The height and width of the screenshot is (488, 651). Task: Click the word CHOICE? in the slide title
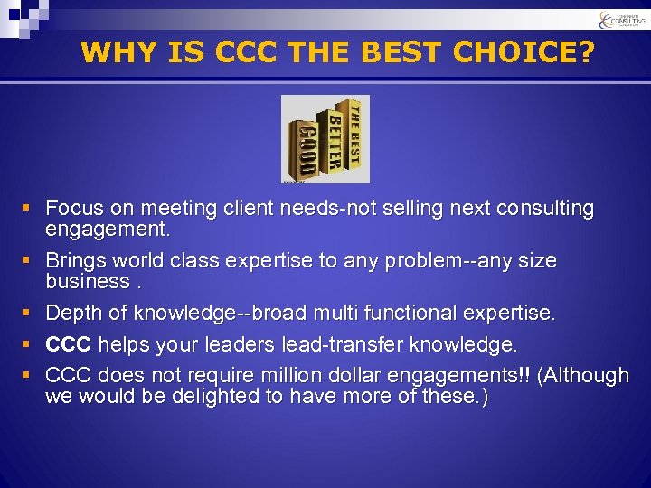coord(524,52)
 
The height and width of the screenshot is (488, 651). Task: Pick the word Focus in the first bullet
coord(73,209)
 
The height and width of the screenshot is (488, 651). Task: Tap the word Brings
coord(76,261)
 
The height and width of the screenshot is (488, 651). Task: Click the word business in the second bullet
coord(87,282)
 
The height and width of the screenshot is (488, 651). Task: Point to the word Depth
coord(74,314)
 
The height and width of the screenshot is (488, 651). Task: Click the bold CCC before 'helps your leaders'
coord(69,345)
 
